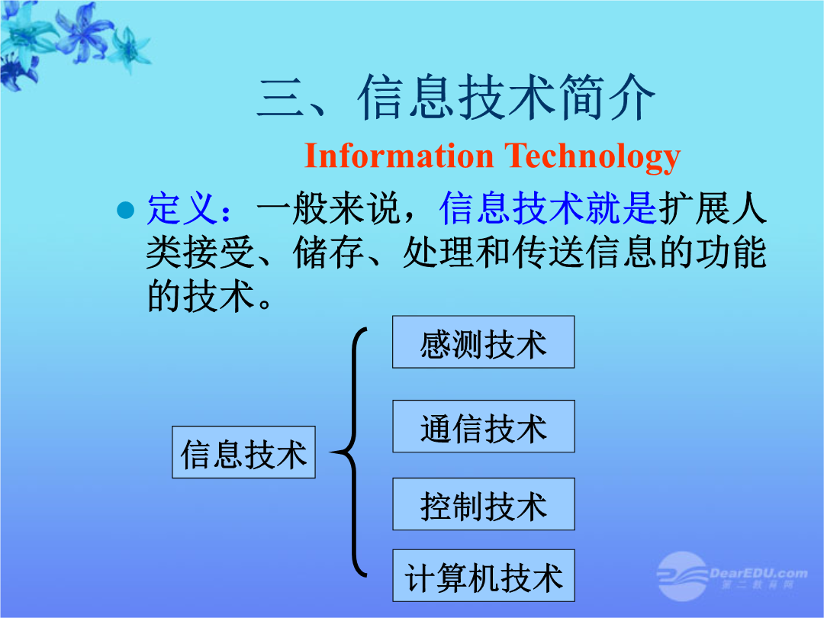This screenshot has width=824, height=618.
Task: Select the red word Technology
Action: [592, 157]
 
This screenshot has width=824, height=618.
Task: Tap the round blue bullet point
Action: [126, 210]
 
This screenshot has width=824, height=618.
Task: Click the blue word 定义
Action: [182, 209]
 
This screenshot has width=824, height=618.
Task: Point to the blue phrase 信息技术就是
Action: [548, 208]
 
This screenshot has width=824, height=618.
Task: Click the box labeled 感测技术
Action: [484, 342]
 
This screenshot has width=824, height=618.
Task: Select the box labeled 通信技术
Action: [484, 426]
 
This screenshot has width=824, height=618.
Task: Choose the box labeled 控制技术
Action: [484, 504]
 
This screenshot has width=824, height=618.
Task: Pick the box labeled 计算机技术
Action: [484, 575]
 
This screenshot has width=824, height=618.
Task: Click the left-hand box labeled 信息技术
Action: [244, 452]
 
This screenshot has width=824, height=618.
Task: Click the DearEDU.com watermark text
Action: [758, 573]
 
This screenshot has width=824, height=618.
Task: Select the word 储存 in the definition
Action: [328, 253]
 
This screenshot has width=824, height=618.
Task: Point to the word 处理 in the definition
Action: [439, 253]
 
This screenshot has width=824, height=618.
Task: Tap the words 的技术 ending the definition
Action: [201, 296]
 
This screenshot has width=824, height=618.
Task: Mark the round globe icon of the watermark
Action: [683, 576]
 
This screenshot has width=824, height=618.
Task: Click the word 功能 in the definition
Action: [731, 253]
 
